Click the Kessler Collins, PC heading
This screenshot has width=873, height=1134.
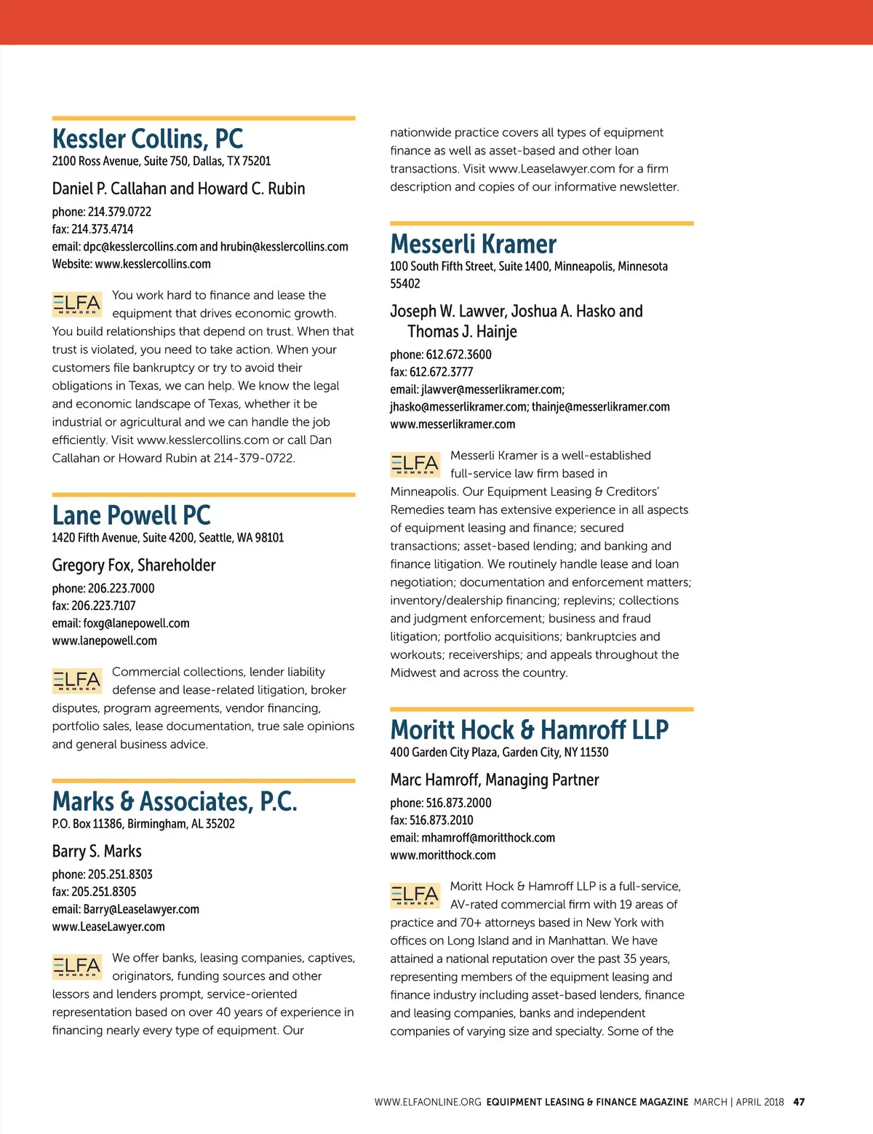(x=148, y=138)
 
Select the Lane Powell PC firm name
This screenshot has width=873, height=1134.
(x=131, y=515)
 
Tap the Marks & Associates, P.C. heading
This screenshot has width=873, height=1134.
(x=175, y=801)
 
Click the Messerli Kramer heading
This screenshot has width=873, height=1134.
(x=473, y=244)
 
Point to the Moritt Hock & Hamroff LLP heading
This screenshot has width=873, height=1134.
(x=529, y=729)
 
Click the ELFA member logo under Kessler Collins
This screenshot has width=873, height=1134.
(x=77, y=304)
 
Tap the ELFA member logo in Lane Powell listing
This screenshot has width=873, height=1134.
(x=77, y=681)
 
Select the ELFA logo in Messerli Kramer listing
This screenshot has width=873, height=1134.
(x=415, y=464)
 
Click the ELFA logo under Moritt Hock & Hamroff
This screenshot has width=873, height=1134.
(x=415, y=895)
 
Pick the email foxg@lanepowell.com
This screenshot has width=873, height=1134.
(x=136, y=623)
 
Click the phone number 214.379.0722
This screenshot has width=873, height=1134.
(x=119, y=212)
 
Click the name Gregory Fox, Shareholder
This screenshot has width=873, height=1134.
(x=134, y=566)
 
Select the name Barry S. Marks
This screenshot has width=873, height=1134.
(x=97, y=852)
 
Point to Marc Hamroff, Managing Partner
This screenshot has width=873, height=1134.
(x=494, y=780)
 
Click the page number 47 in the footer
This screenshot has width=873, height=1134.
(x=799, y=1102)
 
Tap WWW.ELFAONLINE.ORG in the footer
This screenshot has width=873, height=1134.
(x=428, y=1102)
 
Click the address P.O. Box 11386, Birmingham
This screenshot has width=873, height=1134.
(x=143, y=824)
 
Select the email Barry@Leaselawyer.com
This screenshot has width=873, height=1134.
(x=141, y=909)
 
